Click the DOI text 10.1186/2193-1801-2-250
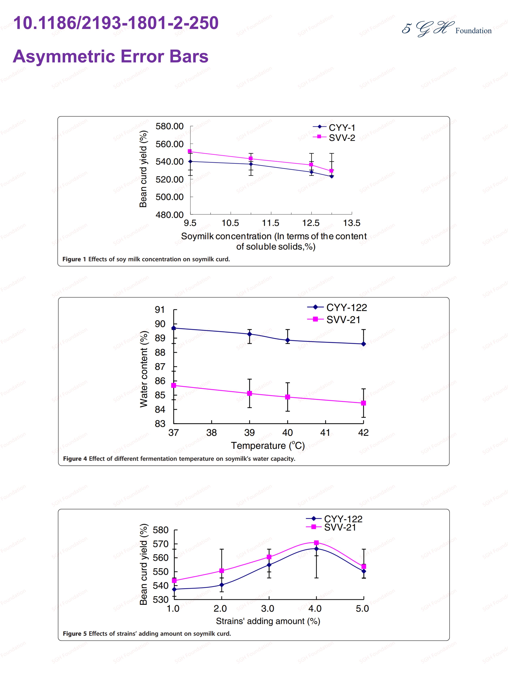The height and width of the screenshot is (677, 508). (x=116, y=23)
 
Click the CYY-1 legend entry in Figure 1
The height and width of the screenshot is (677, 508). (x=334, y=127)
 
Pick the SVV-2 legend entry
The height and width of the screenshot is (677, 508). (x=334, y=138)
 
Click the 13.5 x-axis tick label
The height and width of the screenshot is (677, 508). (x=351, y=223)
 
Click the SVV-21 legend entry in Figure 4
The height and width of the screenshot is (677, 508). (x=334, y=319)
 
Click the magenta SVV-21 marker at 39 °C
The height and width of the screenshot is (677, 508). (x=250, y=393)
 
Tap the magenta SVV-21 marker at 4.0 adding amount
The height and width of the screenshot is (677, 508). (x=316, y=543)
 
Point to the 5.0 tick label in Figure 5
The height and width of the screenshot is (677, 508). (x=362, y=608)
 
